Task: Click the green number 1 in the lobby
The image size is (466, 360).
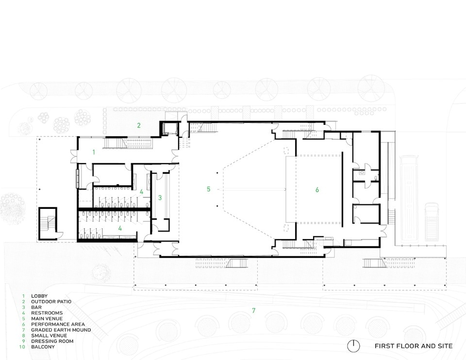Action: coord(94,152)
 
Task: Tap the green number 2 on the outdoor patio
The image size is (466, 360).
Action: coord(139,125)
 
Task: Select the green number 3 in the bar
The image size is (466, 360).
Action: coord(160,198)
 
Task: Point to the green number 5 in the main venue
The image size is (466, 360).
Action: coord(208,189)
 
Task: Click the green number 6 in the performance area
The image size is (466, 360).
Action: coord(317,189)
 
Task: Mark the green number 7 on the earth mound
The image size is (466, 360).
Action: coord(253,310)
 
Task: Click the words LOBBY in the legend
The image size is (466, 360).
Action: coord(39,296)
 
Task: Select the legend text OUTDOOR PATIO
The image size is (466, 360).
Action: coord(51,302)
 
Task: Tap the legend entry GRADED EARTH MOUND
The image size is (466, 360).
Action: coord(61,330)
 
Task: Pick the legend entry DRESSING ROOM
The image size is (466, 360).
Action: coord(52,341)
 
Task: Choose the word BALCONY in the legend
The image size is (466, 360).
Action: coord(43,347)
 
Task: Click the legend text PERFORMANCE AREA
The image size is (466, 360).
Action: coord(58,325)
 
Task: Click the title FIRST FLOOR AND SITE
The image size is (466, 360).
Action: coord(414,346)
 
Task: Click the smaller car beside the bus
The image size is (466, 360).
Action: coord(432,222)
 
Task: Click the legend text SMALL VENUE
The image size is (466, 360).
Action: coord(49,336)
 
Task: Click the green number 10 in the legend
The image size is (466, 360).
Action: coord(22,347)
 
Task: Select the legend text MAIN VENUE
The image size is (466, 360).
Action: coord(47,319)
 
